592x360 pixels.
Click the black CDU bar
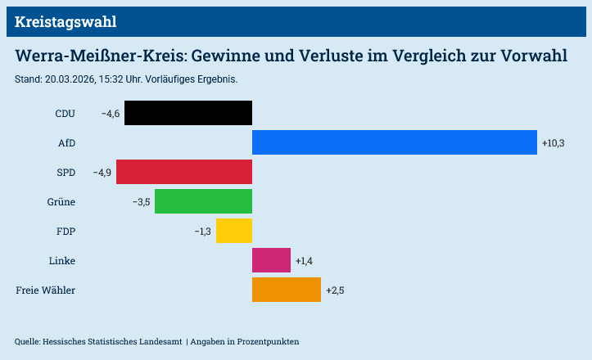(x=188, y=113)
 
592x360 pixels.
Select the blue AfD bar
(x=394, y=142)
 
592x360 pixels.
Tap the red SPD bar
(x=184, y=172)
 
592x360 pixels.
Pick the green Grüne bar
(x=203, y=201)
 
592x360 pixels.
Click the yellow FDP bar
(x=234, y=231)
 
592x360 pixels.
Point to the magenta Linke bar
(x=271, y=260)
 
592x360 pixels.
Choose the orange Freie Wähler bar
(x=287, y=290)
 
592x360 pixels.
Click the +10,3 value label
(x=554, y=143)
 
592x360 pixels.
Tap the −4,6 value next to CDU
(x=111, y=114)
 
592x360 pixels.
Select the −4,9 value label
(x=102, y=173)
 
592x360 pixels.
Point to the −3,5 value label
(x=141, y=202)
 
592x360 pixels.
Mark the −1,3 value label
(x=202, y=232)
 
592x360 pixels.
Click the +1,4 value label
(x=305, y=261)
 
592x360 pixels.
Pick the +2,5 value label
(x=335, y=290)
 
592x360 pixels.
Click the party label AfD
(x=66, y=143)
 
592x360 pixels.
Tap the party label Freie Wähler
(x=46, y=290)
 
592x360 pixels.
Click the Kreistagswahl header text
(x=66, y=22)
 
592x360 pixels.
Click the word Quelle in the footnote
(x=27, y=341)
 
